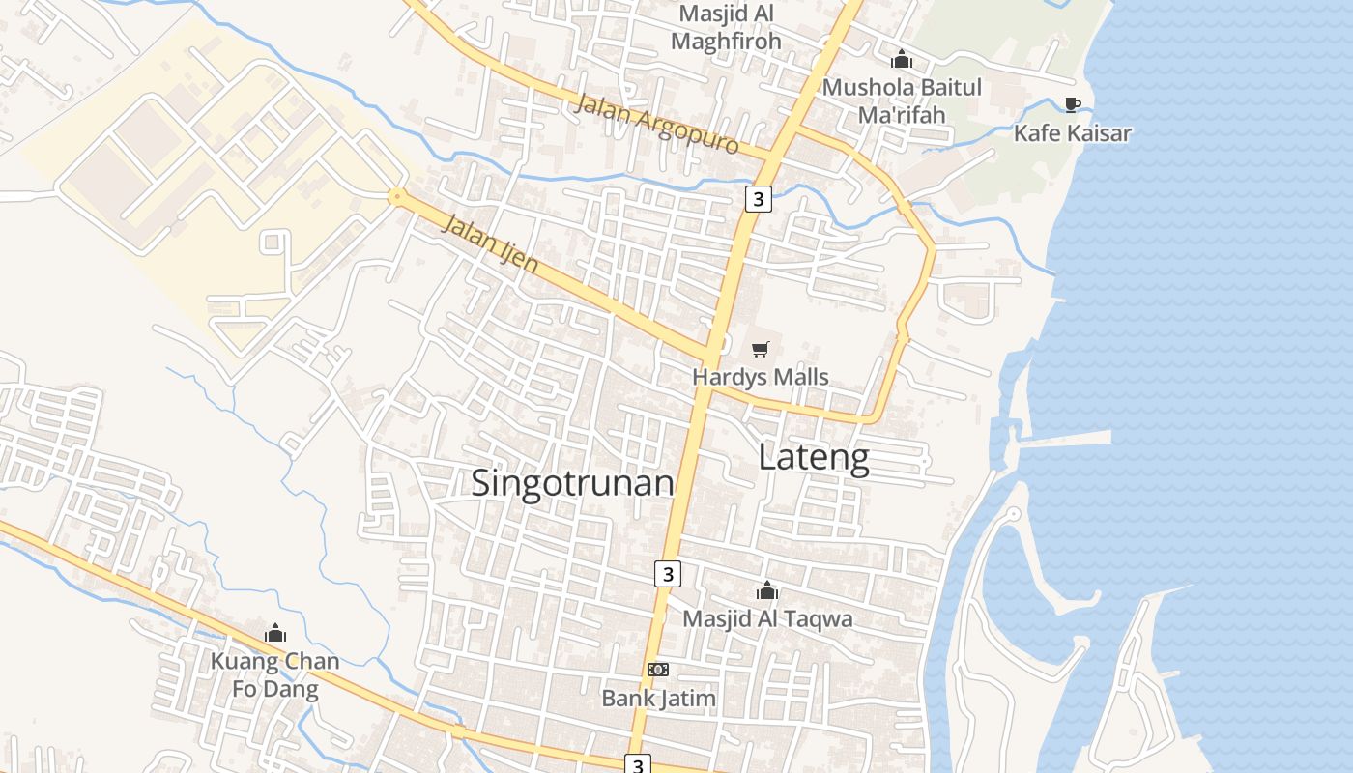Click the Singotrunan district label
point(572,482)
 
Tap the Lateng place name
point(814,457)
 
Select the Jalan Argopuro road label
point(656,125)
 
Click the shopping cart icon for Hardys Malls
point(761,349)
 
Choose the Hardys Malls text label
point(761,377)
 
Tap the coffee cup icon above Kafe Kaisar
point(1072,104)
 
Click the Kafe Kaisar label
point(1072,133)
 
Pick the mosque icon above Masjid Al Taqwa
point(767,590)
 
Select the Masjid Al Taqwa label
point(767,618)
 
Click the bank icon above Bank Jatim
point(658,670)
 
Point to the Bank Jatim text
point(658,698)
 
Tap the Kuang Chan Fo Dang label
point(275,674)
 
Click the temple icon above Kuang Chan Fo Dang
point(275,634)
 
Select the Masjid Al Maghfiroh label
point(726,28)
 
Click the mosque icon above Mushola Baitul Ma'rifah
point(902,59)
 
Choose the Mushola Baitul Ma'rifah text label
point(902,100)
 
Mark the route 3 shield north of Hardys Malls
point(759,199)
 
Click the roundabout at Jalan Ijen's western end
point(395,196)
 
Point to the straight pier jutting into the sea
point(1063,439)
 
